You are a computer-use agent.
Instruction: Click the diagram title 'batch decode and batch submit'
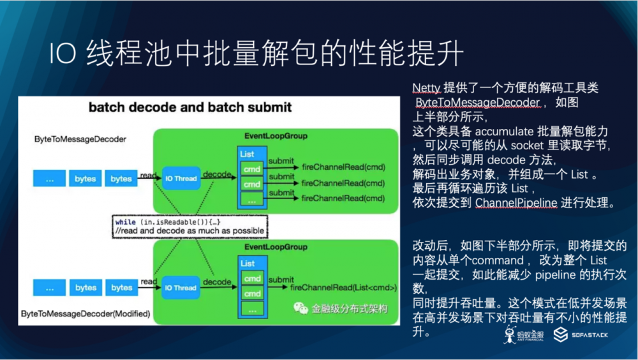tap(190, 107)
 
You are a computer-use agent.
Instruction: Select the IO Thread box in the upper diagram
tap(181, 179)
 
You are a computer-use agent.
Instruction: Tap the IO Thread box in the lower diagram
tap(181, 288)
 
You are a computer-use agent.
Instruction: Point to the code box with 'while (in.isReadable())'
tap(189, 226)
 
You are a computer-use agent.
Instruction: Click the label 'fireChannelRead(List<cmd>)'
tap(344, 288)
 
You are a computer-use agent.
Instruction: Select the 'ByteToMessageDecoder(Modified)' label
tap(85, 314)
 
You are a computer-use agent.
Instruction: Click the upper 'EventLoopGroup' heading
tap(276, 136)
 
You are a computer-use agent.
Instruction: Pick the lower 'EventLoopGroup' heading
tap(276, 247)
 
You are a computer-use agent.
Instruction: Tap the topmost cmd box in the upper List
tap(252, 168)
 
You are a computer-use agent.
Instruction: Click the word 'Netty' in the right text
tap(426, 87)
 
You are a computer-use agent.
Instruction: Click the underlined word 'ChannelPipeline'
tap(517, 203)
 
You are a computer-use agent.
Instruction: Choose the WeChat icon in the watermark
tap(300, 308)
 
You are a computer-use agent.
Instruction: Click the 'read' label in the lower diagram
tap(149, 281)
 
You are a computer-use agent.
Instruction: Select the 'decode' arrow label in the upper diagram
tap(217, 173)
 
